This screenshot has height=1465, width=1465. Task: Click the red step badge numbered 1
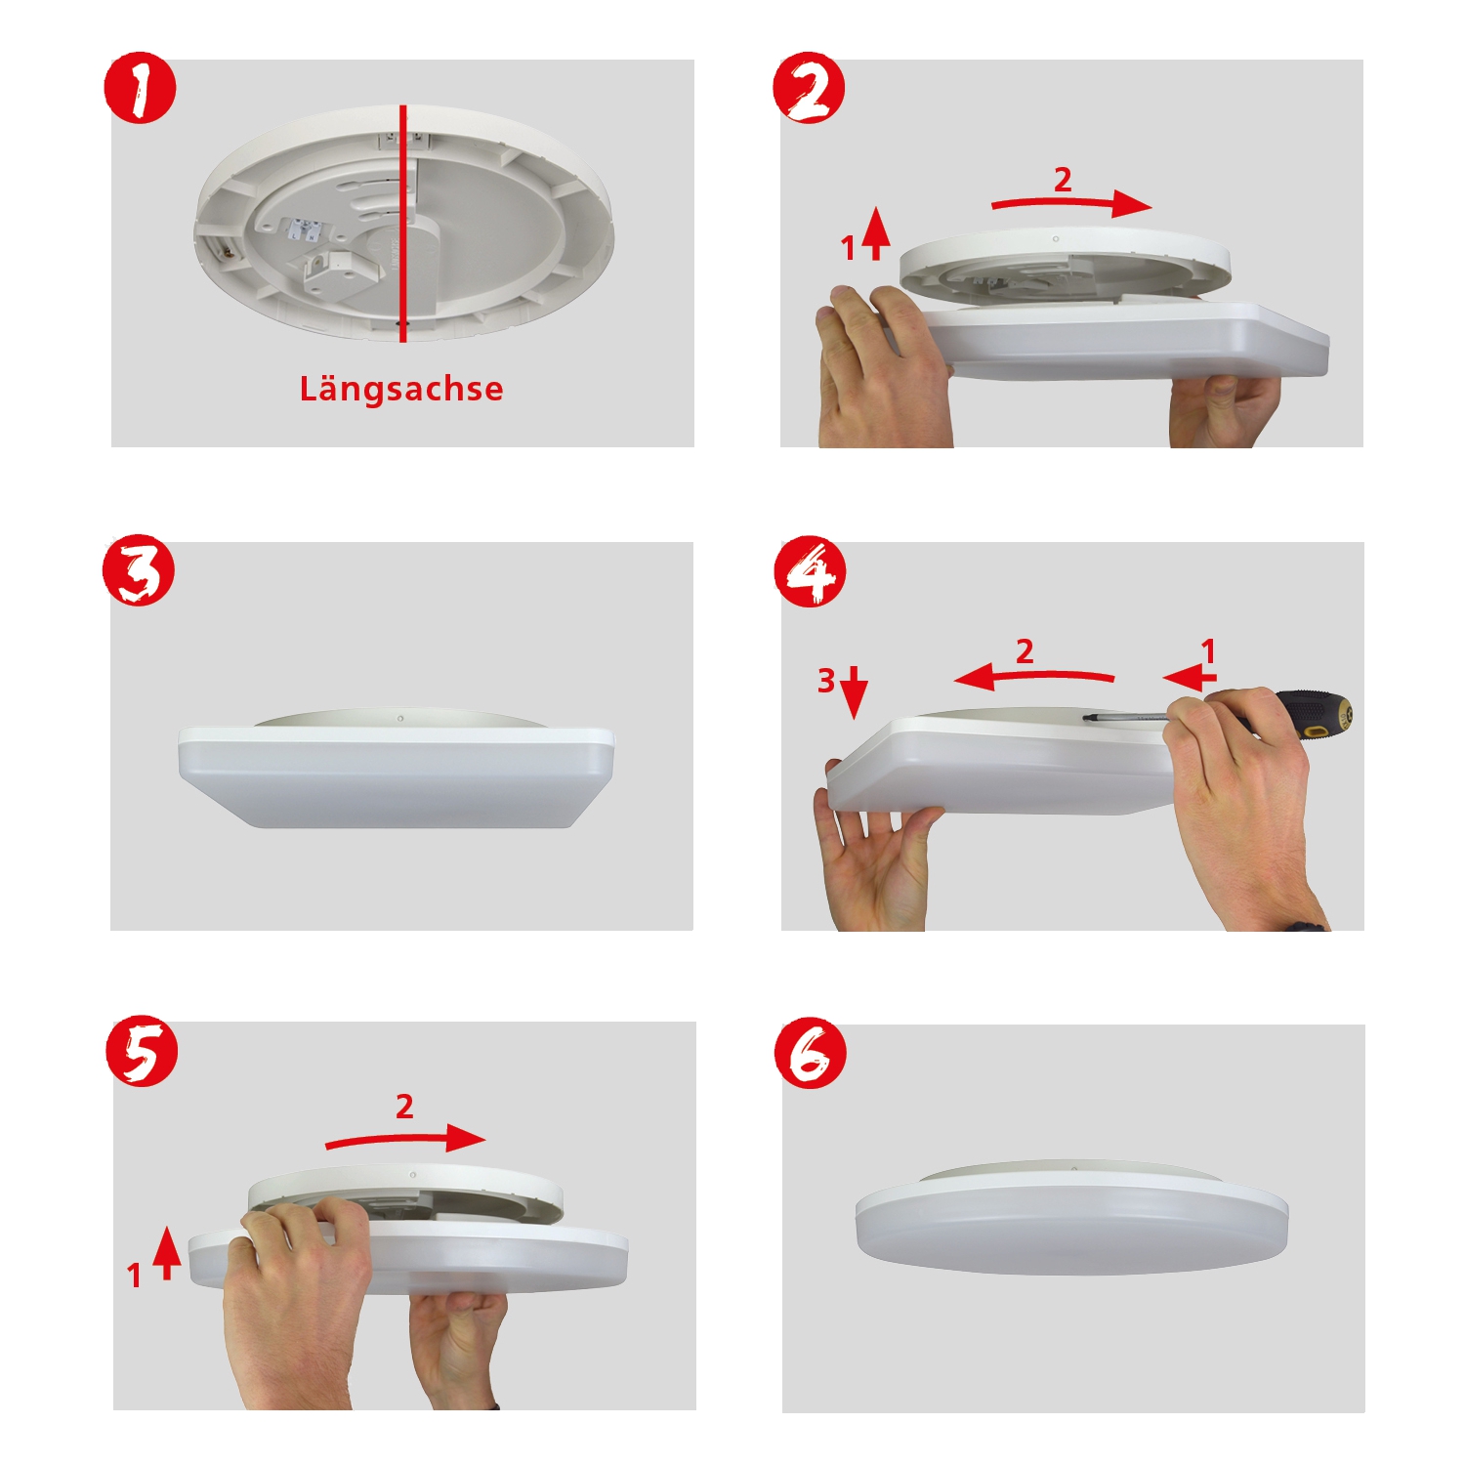tap(140, 88)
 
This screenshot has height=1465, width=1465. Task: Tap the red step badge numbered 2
tap(809, 88)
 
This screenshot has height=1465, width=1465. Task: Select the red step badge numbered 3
tap(139, 570)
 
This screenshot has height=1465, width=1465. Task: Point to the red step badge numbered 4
tap(810, 571)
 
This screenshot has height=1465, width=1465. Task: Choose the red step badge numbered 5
tap(143, 1052)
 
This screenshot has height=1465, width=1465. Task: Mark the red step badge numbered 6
tap(811, 1054)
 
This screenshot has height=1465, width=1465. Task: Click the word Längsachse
tap(401, 389)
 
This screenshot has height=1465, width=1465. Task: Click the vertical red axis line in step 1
tap(402, 224)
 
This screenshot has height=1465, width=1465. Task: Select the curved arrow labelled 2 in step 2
tap(1072, 201)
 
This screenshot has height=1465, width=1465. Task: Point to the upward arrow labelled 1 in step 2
tap(876, 232)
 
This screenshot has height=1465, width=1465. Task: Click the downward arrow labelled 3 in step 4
tap(854, 692)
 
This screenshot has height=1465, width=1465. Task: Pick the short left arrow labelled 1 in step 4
tap(1190, 678)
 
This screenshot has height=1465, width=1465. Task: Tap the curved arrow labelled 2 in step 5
tap(405, 1139)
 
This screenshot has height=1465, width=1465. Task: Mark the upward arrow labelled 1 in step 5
tap(167, 1253)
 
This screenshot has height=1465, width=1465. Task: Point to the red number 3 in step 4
tap(826, 680)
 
